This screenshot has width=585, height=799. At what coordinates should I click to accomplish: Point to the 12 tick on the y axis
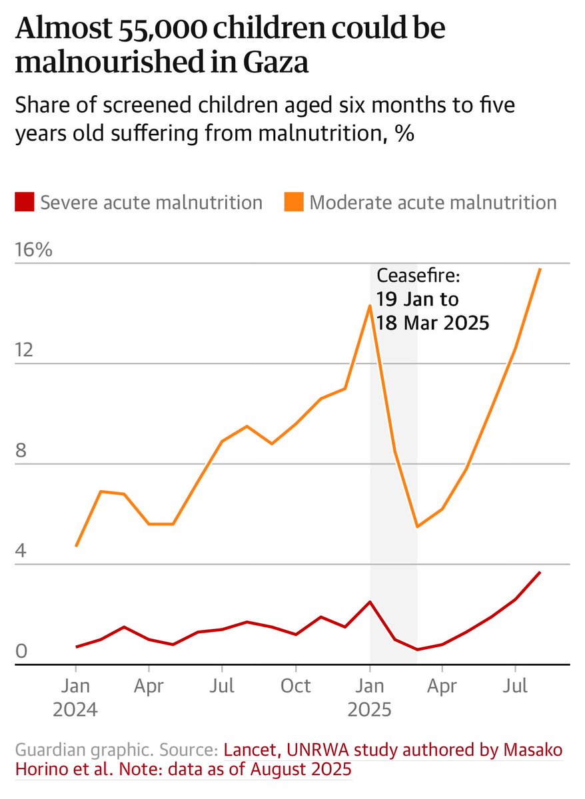pyautogui.click(x=25, y=351)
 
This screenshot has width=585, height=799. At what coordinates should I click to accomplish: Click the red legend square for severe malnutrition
pyautogui.click(x=24, y=202)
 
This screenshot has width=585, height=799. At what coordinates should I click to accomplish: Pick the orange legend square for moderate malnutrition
pyautogui.click(x=293, y=202)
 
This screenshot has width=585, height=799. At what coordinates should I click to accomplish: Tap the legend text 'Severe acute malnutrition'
pyautogui.click(x=151, y=202)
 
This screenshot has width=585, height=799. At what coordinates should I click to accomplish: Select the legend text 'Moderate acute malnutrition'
pyautogui.click(x=433, y=202)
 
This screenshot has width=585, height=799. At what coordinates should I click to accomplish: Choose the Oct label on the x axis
pyautogui.click(x=296, y=685)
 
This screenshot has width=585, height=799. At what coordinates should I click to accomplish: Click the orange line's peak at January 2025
pyautogui.click(x=370, y=306)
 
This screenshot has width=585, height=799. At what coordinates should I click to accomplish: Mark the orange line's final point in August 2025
pyautogui.click(x=540, y=268)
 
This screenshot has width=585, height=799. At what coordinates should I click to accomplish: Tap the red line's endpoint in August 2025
pyautogui.click(x=540, y=572)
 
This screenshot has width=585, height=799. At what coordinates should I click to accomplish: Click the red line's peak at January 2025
pyautogui.click(x=370, y=602)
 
